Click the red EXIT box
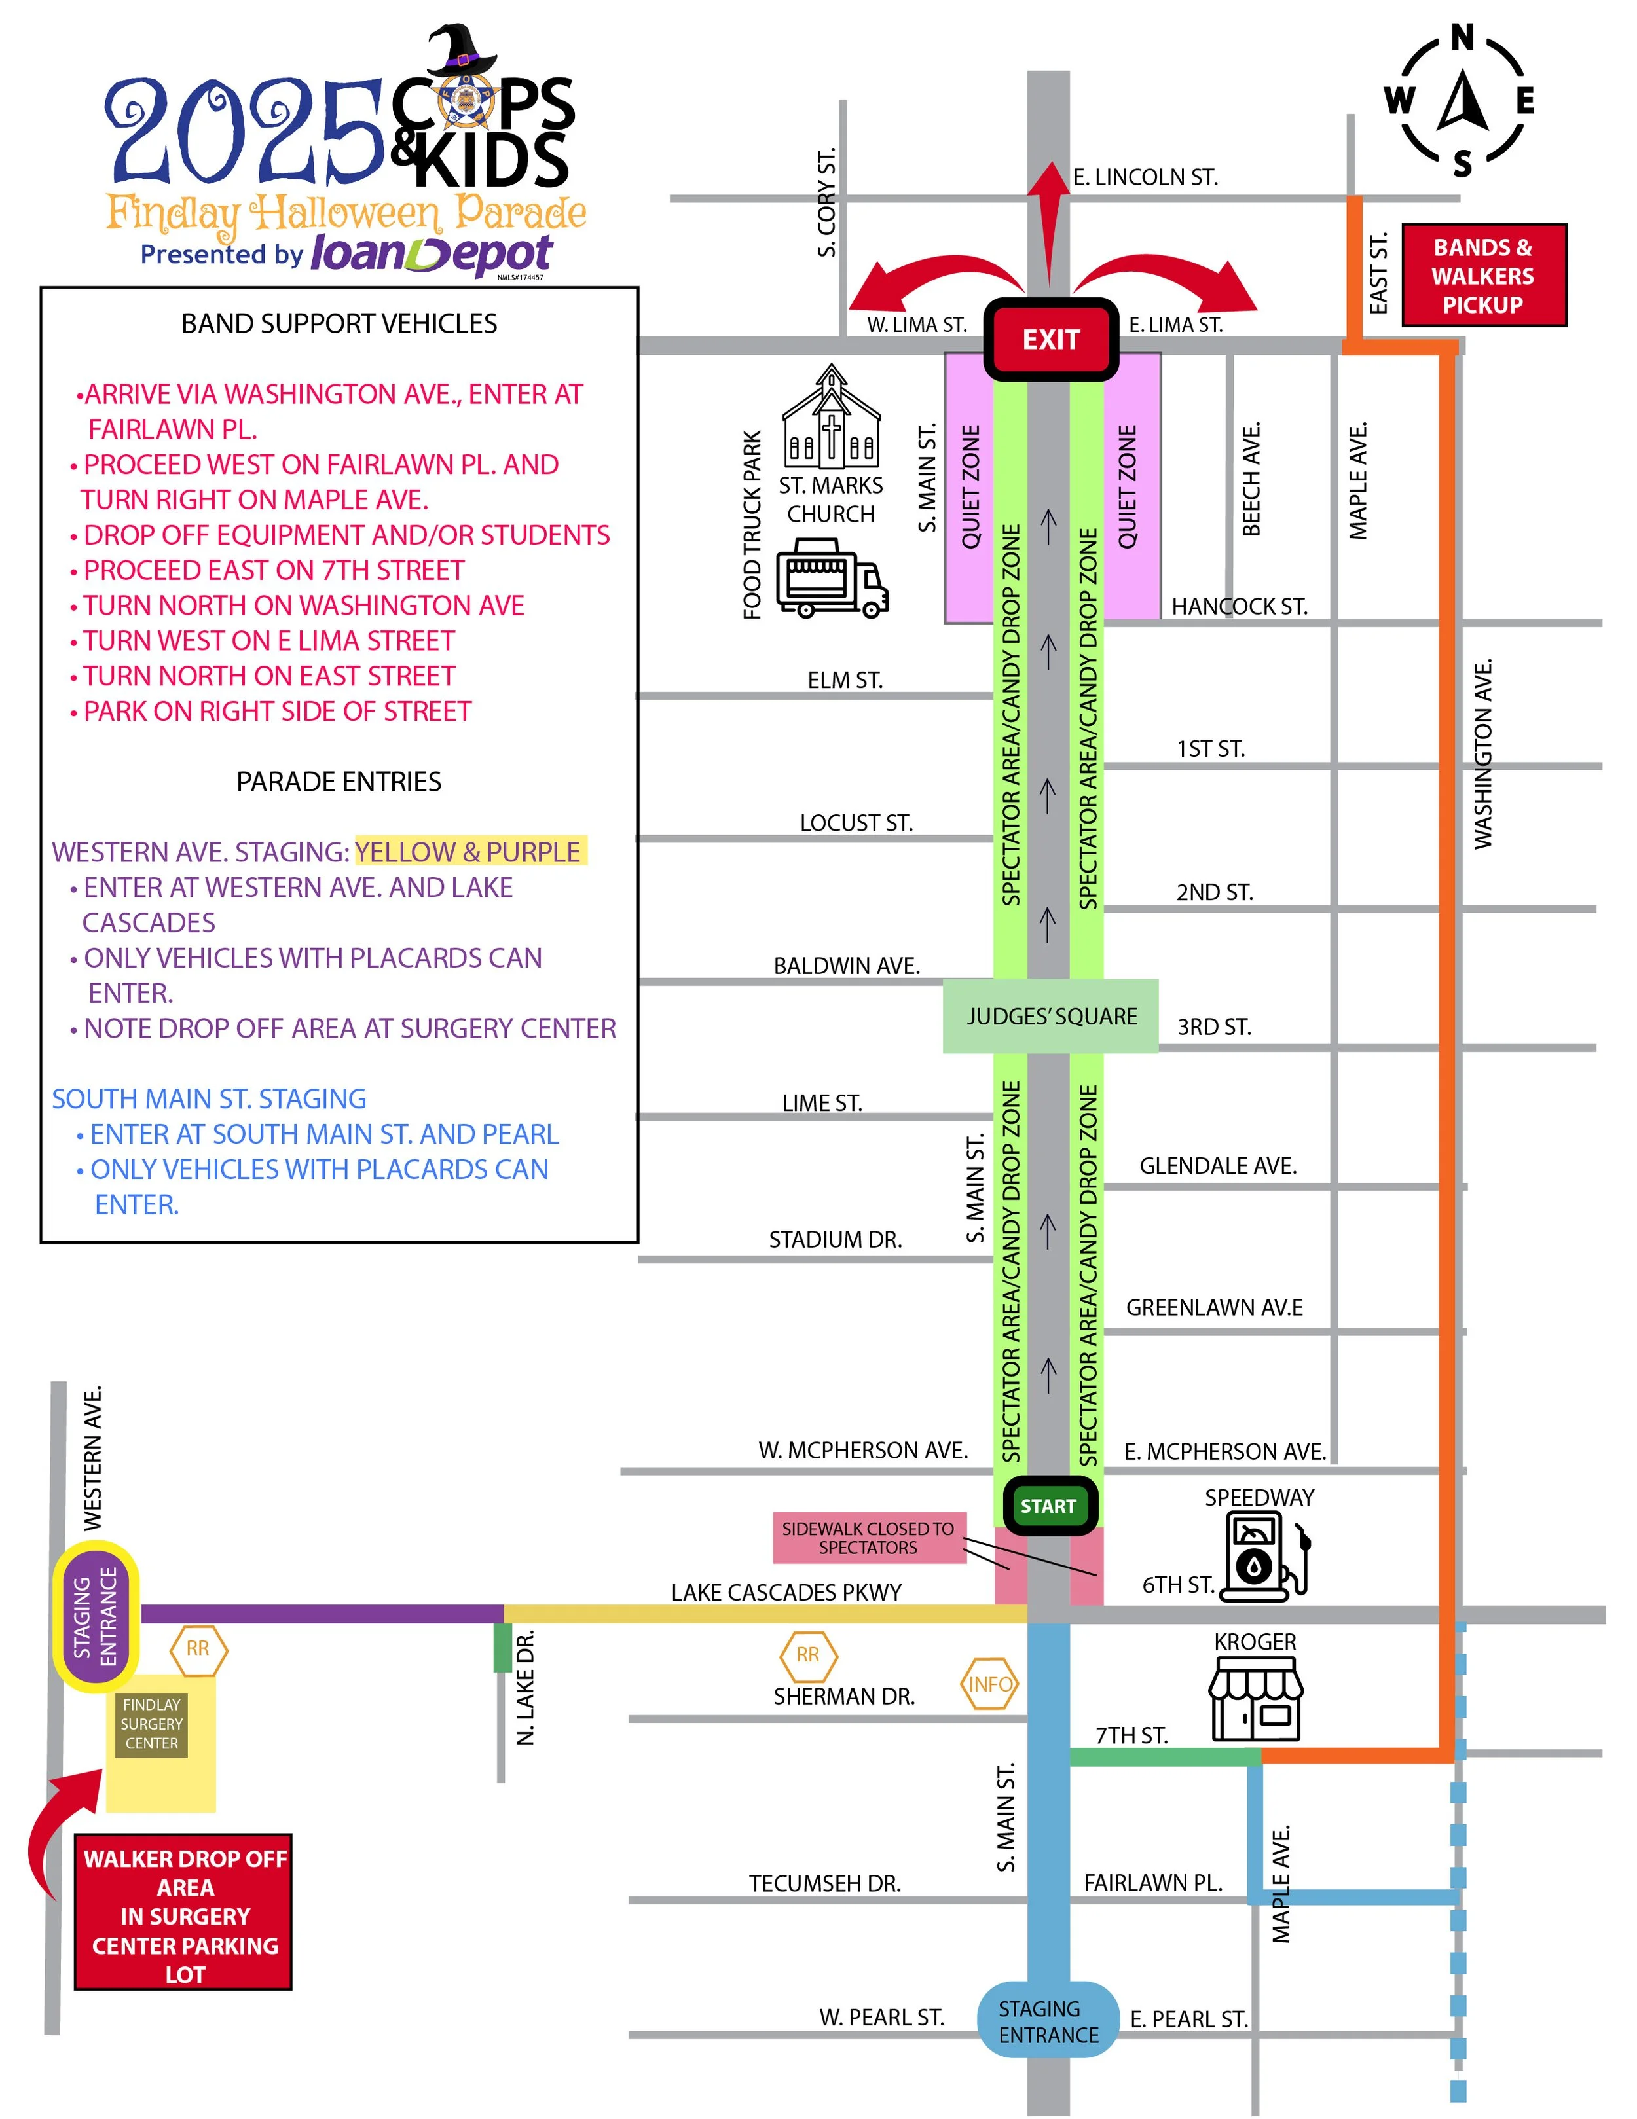pyautogui.click(x=1051, y=340)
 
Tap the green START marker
pyautogui.click(x=1048, y=1506)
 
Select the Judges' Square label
pyautogui.click(x=1051, y=1016)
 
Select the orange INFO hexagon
pyautogui.click(x=990, y=1684)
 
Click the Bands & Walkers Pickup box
pyautogui.click(x=1482, y=276)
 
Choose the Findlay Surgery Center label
pyautogui.click(x=151, y=1724)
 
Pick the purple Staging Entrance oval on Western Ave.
pyautogui.click(x=95, y=1616)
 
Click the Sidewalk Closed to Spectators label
pyautogui.click(x=868, y=1538)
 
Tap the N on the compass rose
pyautogui.click(x=1462, y=39)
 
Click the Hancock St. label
pyautogui.click(x=1239, y=606)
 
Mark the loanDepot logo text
pyautogui.click(x=431, y=254)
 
